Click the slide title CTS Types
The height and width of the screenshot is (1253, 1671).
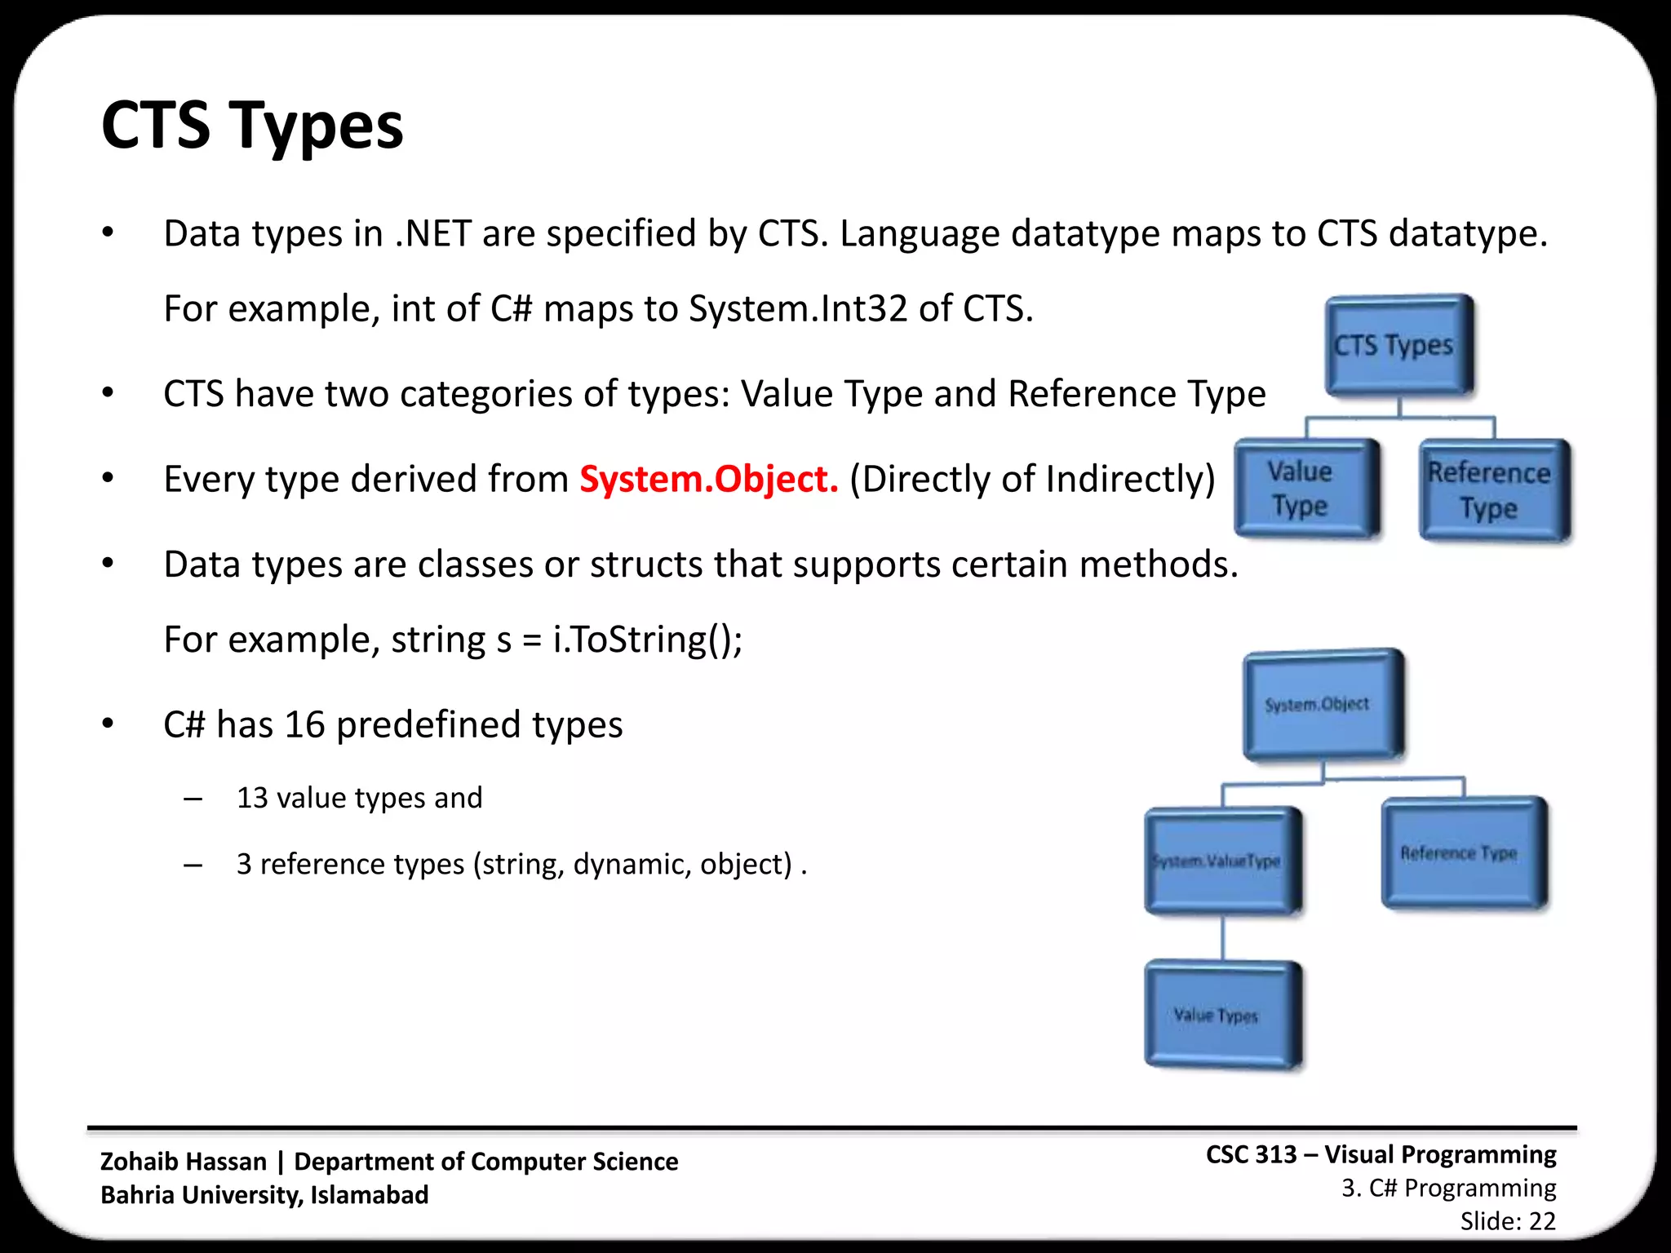(x=251, y=126)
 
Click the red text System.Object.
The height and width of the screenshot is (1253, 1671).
(x=708, y=480)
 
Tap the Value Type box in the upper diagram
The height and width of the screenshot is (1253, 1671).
(x=1305, y=488)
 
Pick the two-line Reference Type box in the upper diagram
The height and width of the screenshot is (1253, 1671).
(x=1493, y=489)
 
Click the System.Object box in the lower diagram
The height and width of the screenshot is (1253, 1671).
(x=1322, y=705)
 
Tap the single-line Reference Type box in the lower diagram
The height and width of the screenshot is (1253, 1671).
(x=1463, y=853)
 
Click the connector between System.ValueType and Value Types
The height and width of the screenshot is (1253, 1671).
(x=1222, y=938)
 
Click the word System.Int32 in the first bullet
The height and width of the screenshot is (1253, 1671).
(x=798, y=309)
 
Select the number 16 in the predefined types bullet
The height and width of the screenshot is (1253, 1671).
(x=304, y=725)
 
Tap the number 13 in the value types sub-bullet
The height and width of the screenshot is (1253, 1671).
(x=252, y=798)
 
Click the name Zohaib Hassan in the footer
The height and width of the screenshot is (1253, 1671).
(x=184, y=1162)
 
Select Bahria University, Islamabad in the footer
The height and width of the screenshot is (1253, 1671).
(x=264, y=1195)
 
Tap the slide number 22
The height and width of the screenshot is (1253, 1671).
(x=1542, y=1221)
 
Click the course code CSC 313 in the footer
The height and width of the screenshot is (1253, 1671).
(x=1251, y=1155)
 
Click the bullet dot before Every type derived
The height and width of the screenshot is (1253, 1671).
(x=108, y=479)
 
